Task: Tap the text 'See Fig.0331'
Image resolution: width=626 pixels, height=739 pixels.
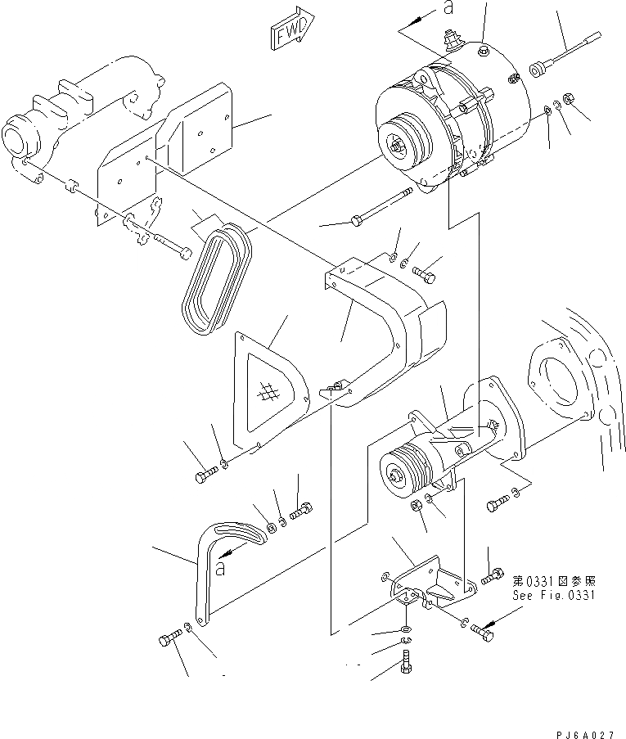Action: [x=555, y=595]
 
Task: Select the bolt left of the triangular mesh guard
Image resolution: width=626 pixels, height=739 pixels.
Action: [x=205, y=475]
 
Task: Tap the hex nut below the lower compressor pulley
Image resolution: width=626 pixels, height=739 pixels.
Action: [x=417, y=505]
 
